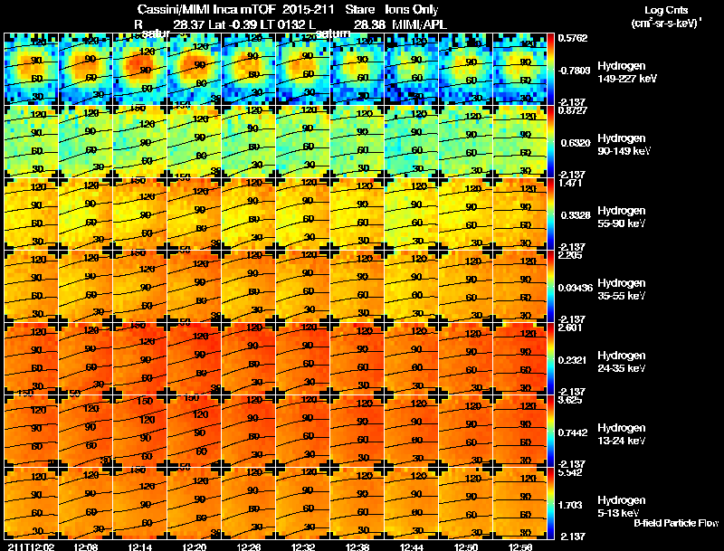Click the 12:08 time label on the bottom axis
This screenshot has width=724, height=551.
click(86, 546)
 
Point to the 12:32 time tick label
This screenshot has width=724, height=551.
click(302, 546)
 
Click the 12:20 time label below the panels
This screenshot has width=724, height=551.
click(195, 546)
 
